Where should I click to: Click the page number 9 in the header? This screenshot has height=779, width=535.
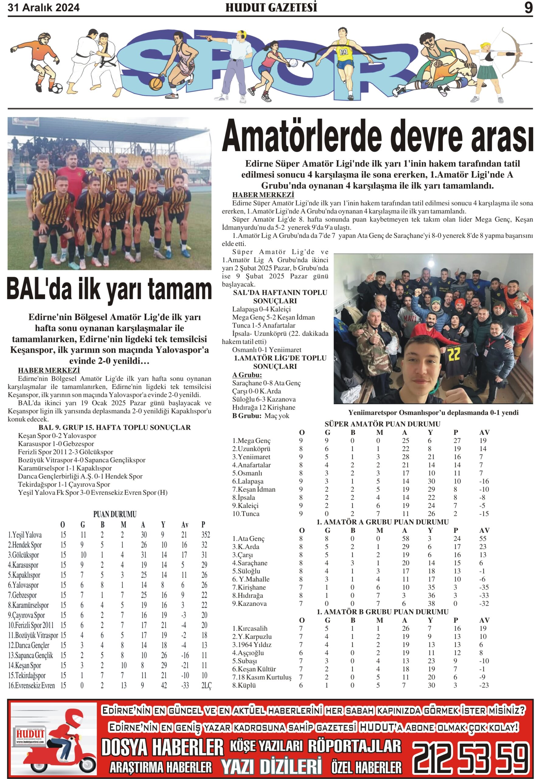(528, 8)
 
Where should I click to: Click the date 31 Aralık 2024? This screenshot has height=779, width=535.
(43, 8)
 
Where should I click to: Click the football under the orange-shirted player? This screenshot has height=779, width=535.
(56, 89)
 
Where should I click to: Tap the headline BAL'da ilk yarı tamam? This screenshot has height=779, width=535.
(109, 289)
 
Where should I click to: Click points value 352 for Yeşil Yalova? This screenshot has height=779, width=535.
(205, 535)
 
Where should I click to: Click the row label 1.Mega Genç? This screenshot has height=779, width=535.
(251, 441)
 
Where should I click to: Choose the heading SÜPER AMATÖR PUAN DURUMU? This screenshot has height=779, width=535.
(382, 424)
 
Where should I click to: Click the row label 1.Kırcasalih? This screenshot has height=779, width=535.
(250, 628)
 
